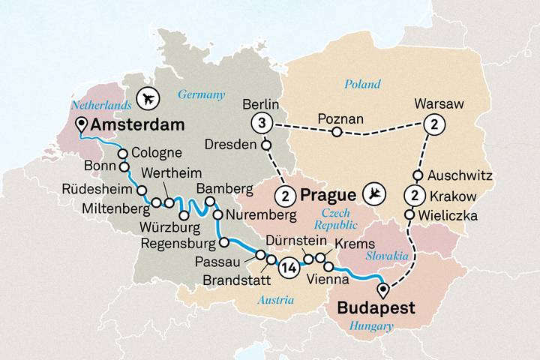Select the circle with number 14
pyautogui.click(x=289, y=266)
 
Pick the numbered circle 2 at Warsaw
pyautogui.click(x=432, y=125)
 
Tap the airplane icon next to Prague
pyautogui.click(x=374, y=195)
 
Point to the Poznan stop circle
pyautogui.click(x=337, y=133)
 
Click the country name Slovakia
pyautogui.click(x=385, y=256)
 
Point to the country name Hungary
pyautogui.click(x=373, y=326)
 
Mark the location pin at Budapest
pyautogui.click(x=384, y=289)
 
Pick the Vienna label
pyautogui.click(x=328, y=280)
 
